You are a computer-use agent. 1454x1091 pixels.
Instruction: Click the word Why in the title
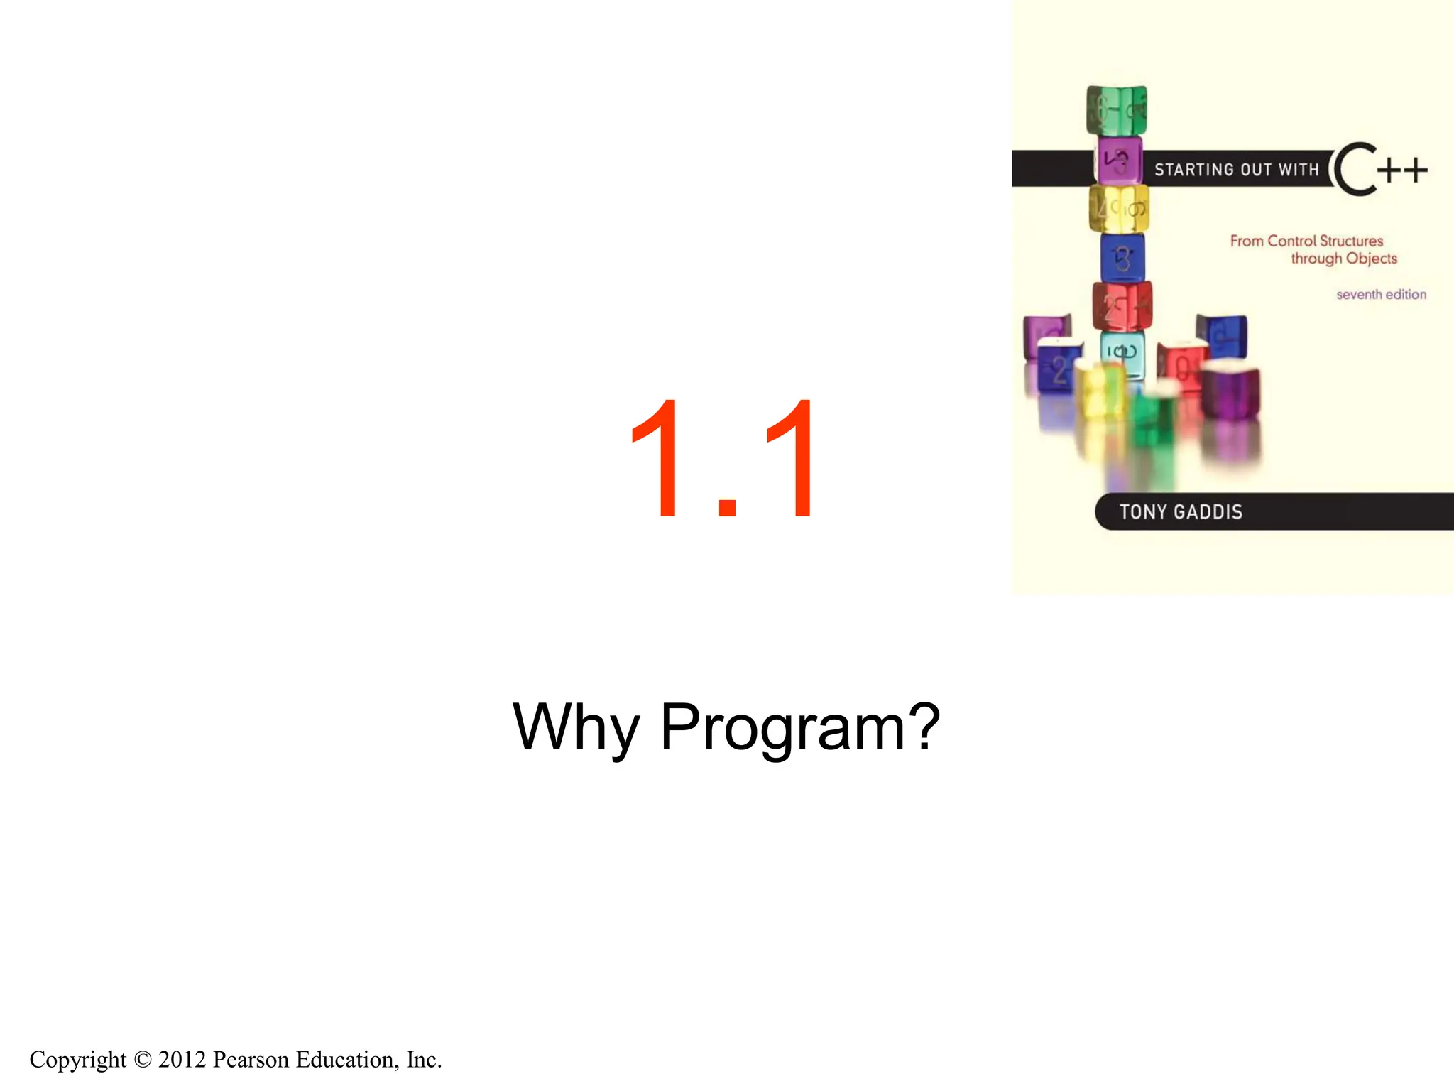pos(576,727)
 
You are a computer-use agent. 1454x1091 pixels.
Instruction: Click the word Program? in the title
pos(800,727)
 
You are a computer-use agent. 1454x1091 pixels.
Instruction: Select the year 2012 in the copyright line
pos(182,1059)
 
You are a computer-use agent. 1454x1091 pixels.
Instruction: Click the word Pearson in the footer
pos(251,1059)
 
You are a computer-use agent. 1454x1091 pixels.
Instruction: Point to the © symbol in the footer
pos(143,1060)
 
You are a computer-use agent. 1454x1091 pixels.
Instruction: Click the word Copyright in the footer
pos(78,1059)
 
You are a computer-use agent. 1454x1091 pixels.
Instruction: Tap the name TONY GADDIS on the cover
pos(1181,512)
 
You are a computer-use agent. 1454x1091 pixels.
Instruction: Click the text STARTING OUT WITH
pos(1236,170)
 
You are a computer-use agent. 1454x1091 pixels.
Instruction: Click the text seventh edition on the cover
pos(1381,294)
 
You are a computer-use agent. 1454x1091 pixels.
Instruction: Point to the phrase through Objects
pos(1343,259)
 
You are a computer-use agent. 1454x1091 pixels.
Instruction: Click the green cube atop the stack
pos(1117,109)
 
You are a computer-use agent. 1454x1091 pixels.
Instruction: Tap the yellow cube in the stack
pos(1119,209)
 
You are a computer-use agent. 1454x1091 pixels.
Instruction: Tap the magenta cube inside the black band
pos(1120,161)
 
